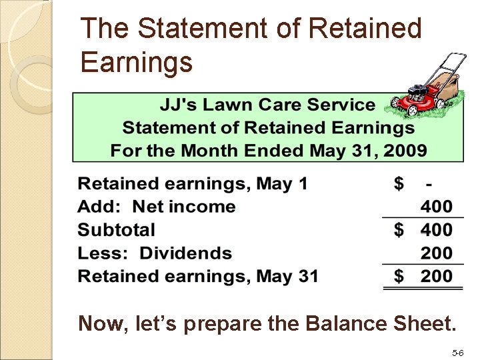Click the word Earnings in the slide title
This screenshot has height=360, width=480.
136,62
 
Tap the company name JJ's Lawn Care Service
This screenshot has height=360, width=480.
267,105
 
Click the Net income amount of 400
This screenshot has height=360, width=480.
436,207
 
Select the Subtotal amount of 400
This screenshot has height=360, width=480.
436,230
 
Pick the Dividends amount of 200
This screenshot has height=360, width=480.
436,253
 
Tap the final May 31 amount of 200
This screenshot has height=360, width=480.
436,276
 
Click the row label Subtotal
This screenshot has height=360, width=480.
116,230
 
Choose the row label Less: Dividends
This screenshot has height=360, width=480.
155,253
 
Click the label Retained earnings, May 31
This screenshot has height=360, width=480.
198,276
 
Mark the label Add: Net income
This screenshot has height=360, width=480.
157,207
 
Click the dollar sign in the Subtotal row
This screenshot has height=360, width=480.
399,230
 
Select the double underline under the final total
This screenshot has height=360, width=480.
423,287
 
